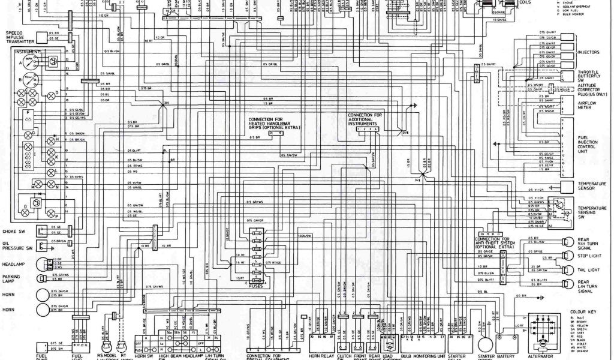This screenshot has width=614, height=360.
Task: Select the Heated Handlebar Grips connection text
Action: (x=275, y=123)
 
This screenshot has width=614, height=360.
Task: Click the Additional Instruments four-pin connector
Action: (x=367, y=129)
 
